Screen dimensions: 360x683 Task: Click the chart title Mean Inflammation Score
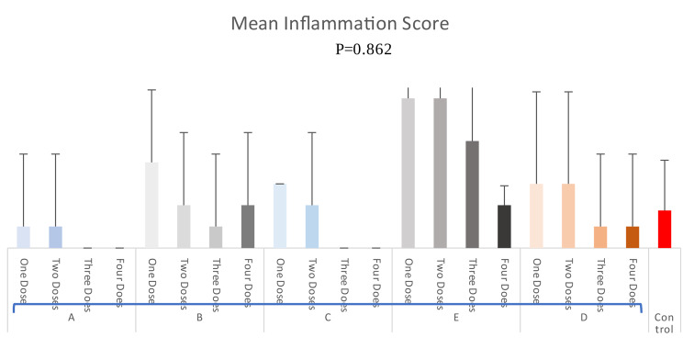[x=341, y=21]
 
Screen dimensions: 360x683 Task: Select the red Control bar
[x=665, y=229]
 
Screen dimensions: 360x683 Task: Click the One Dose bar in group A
[x=24, y=237]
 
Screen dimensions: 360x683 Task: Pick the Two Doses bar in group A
[x=55, y=237]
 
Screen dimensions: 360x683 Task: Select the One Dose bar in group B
[x=151, y=205]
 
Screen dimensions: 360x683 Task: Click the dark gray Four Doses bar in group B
[x=248, y=226]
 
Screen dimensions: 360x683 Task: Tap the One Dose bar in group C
[x=280, y=216]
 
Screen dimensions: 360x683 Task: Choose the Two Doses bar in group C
[x=312, y=226]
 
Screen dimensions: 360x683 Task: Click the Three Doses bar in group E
[x=472, y=194]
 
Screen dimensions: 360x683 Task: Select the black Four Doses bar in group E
[x=504, y=226]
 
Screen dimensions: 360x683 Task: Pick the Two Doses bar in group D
[x=568, y=216]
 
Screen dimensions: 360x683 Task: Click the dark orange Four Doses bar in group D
[x=633, y=237]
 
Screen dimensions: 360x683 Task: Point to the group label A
[x=72, y=317]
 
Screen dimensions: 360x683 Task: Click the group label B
[x=200, y=317]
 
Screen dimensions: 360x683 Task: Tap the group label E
[x=456, y=317]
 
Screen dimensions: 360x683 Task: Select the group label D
[x=585, y=317]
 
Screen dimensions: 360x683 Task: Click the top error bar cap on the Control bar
[x=665, y=161]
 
